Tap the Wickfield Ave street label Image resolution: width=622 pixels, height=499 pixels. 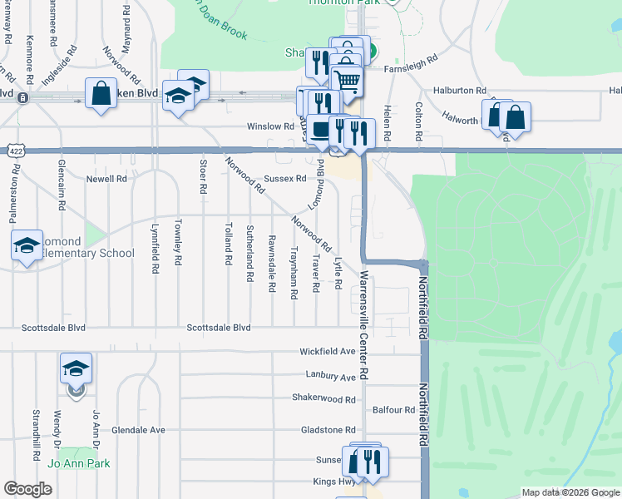(328, 352)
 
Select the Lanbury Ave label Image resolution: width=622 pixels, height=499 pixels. (330, 377)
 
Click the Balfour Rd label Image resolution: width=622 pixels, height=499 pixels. (393, 410)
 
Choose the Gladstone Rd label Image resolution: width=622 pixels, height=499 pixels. (328, 430)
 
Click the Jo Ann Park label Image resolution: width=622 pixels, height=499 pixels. (79, 463)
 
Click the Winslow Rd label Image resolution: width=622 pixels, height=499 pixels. (270, 126)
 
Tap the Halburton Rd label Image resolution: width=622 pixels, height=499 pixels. (459, 90)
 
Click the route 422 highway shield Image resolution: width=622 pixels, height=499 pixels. (14, 151)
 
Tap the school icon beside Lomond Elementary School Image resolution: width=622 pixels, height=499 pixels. (27, 245)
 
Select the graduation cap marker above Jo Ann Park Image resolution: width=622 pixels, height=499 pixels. (76, 368)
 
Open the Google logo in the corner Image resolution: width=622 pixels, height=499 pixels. (27, 489)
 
